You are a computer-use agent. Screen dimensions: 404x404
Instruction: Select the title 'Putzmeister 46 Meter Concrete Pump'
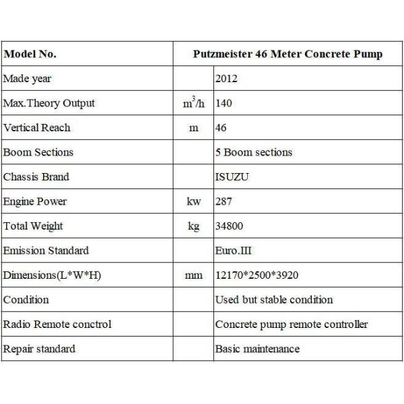click(288, 55)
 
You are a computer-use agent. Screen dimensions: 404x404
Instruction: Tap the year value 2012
click(226, 79)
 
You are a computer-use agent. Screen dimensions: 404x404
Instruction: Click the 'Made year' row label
click(27, 79)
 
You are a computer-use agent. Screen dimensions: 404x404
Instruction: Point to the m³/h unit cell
click(194, 103)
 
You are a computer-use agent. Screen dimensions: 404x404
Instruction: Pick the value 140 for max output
click(223, 104)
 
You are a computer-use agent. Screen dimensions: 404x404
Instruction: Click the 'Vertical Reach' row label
click(36, 128)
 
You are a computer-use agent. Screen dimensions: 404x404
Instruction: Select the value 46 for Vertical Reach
click(220, 128)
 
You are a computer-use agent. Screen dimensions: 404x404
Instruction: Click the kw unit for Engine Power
click(194, 201)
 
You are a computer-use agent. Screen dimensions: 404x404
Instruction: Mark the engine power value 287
click(223, 201)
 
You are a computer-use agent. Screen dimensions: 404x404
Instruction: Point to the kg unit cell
click(194, 226)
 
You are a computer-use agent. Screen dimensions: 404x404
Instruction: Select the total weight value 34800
click(229, 226)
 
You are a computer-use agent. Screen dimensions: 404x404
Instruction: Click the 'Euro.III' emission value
click(233, 250)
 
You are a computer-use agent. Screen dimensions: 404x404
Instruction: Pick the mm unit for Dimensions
click(194, 275)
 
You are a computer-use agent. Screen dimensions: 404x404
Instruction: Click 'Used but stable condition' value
click(274, 300)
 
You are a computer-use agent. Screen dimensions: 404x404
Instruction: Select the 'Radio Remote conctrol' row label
click(57, 324)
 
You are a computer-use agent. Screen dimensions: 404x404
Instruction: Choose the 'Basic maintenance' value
click(257, 349)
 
